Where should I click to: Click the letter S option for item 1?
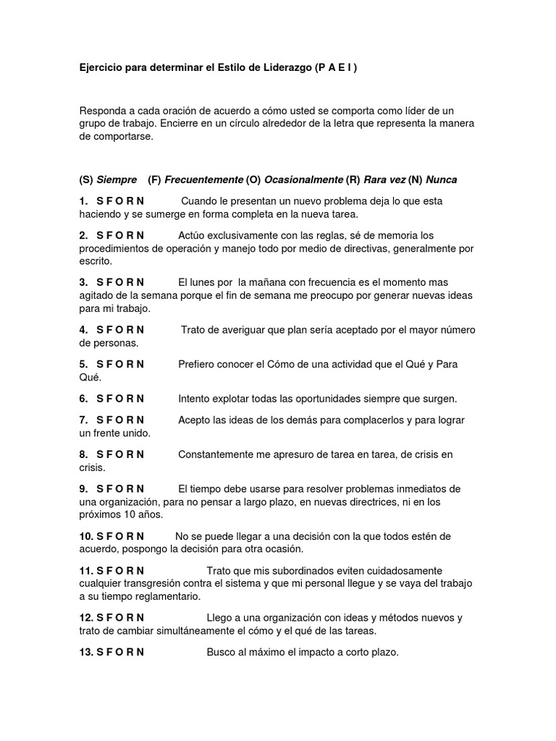(100, 200)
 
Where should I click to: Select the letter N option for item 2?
(140, 235)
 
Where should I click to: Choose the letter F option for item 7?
(109, 420)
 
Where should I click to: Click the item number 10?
(86, 536)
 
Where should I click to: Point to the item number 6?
(83, 399)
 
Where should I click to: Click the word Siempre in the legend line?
(117, 179)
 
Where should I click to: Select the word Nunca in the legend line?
(441, 179)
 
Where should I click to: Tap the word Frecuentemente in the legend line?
(204, 179)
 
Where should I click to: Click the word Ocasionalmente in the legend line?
(303, 179)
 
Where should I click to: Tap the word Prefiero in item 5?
(196, 364)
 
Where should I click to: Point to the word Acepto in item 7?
(194, 420)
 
